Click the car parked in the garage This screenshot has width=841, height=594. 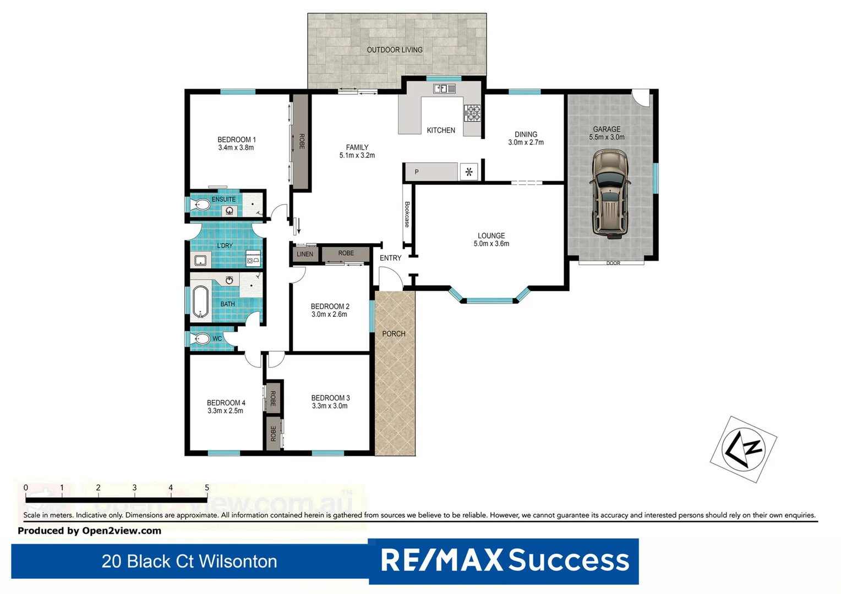click(x=609, y=195)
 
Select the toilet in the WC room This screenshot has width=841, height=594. click(x=202, y=339)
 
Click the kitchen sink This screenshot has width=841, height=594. click(x=444, y=88)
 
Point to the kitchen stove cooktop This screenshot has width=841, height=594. click(x=472, y=113)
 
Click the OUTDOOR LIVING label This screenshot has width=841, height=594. click(x=395, y=50)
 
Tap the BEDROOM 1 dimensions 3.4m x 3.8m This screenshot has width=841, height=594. click(x=236, y=148)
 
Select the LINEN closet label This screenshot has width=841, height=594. click(x=304, y=254)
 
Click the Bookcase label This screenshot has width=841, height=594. click(x=407, y=215)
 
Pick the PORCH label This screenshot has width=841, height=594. click(x=394, y=334)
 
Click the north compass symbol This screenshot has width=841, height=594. click(x=744, y=449)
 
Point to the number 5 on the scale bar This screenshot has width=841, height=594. click(x=207, y=488)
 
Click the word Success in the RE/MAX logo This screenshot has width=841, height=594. click(x=569, y=560)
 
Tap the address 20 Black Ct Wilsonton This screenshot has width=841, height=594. click(x=189, y=562)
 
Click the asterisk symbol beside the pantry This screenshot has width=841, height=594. click(x=469, y=172)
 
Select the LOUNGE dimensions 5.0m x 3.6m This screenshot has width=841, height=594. click(x=491, y=244)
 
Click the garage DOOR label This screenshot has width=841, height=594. click(x=613, y=263)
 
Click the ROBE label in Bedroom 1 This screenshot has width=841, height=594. click(x=302, y=141)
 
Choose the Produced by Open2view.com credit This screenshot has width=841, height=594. click(x=90, y=531)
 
